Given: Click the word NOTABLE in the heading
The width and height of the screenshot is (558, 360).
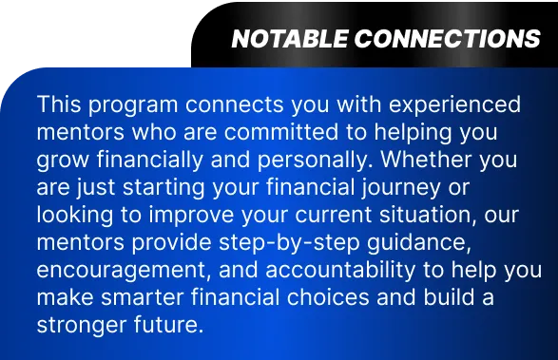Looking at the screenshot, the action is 290,38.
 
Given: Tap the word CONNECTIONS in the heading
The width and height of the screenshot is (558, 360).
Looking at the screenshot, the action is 448,38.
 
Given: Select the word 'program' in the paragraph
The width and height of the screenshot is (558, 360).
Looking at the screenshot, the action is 133,105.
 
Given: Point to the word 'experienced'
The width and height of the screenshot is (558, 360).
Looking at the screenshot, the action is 454,105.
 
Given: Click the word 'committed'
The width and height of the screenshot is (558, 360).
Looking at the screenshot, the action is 281,132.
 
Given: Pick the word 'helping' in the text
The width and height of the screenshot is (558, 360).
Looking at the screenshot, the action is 413,133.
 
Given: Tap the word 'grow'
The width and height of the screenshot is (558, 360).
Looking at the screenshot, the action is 63,161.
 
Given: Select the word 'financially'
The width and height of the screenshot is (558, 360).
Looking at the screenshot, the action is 150,161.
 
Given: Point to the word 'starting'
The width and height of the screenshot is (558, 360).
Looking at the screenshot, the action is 164,188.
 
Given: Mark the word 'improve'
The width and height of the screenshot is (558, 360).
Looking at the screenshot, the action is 191,216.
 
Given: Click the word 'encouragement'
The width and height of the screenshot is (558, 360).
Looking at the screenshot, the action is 122,271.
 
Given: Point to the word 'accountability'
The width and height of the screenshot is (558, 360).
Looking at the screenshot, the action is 340,271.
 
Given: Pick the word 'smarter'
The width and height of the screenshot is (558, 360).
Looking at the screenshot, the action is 143,297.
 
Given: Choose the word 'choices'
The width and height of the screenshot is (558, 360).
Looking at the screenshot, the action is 328,297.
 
